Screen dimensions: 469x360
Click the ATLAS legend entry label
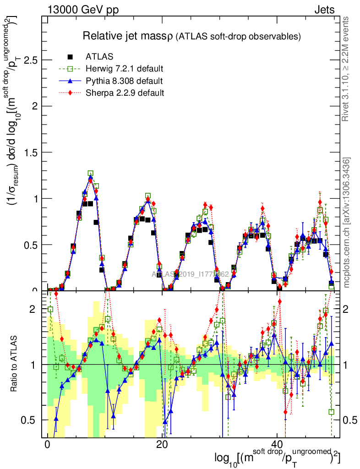100,57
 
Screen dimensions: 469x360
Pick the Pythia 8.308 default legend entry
124,81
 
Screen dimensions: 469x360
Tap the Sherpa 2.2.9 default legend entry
125,93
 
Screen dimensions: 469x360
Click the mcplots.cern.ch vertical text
347,223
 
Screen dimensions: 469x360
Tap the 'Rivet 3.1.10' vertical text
347,69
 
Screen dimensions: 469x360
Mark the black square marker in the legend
71,57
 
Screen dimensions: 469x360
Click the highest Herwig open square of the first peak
91,174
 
